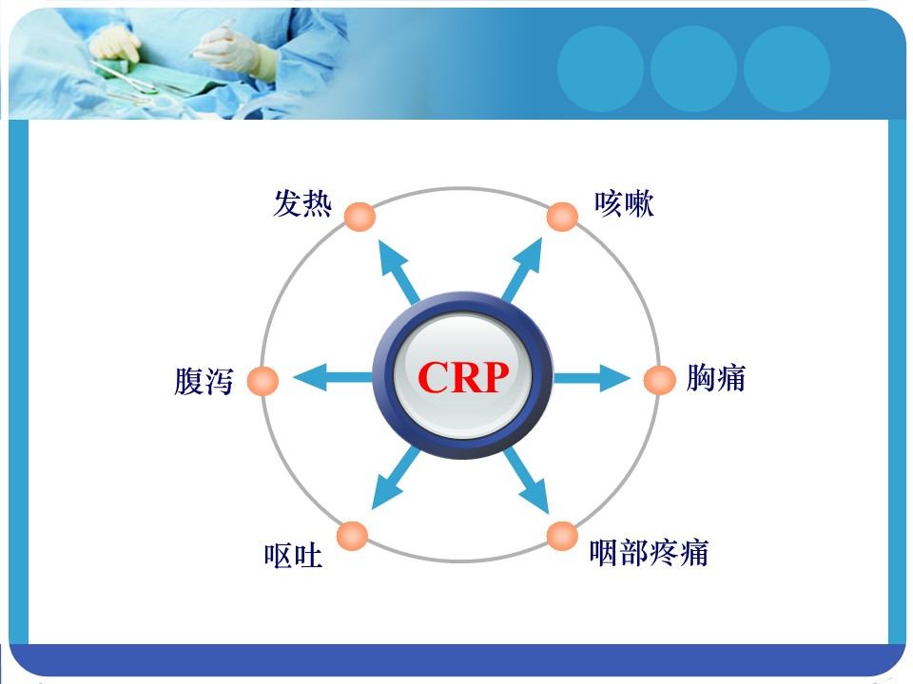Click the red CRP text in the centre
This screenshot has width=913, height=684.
[463, 377]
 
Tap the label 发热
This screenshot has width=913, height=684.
[302, 203]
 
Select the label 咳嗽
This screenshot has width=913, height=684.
[624, 203]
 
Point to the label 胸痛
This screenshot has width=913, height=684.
[715, 377]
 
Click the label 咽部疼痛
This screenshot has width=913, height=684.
[649, 553]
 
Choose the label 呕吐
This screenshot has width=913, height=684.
[293, 556]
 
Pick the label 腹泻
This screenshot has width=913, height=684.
[204, 382]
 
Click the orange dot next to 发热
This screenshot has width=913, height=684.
[359, 217]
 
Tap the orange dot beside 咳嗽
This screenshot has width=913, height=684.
[562, 217]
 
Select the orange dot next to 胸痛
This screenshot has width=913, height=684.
[660, 380]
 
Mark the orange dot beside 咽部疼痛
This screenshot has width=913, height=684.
[562, 536]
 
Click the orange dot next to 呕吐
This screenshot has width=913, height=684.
[352, 536]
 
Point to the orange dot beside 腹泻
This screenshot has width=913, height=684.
[262, 382]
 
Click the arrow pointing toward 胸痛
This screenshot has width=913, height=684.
[592, 378]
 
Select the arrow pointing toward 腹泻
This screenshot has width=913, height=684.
[333, 378]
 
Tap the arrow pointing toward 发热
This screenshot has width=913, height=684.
[398, 272]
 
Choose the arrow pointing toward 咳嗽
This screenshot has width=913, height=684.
[522, 270]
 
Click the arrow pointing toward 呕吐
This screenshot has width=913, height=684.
[396, 478]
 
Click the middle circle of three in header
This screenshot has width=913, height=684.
[693, 69]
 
